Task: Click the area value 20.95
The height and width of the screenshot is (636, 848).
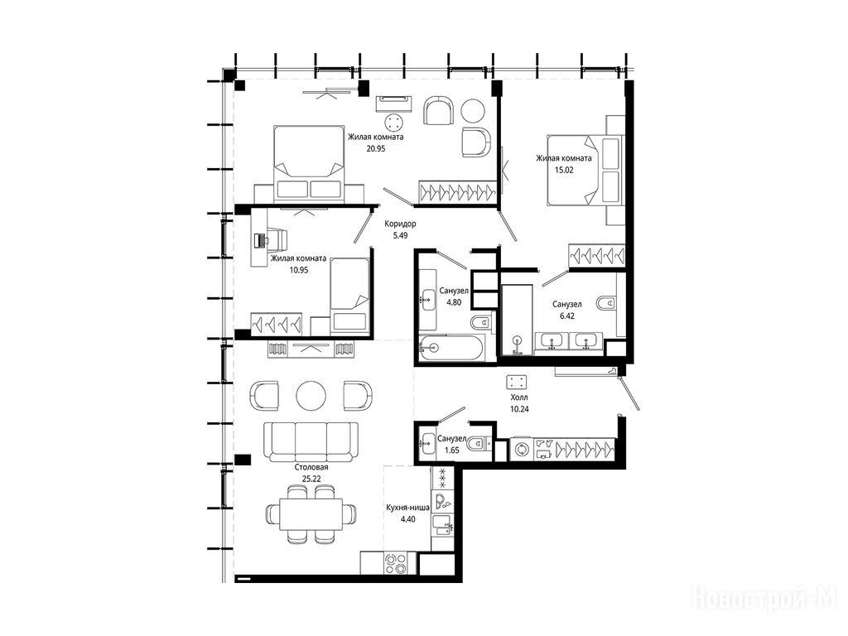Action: tap(376, 148)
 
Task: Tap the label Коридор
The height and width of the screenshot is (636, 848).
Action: tap(400, 224)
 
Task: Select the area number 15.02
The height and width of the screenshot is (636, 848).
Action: tap(564, 170)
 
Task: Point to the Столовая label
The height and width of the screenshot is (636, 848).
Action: tap(311, 467)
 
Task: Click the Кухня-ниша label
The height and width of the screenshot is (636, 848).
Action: tap(407, 508)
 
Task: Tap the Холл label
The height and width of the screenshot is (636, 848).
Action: tap(519, 397)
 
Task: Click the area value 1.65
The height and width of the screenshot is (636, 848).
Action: tap(452, 450)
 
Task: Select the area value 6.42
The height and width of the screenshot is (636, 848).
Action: tap(566, 316)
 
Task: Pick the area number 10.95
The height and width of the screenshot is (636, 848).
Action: tap(299, 270)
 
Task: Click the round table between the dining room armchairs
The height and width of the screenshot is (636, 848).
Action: tap(311, 396)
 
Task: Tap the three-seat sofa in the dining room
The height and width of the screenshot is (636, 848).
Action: tap(311, 441)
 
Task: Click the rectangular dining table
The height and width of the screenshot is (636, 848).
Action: tap(311, 513)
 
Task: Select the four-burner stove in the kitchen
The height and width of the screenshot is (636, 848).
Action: tap(395, 563)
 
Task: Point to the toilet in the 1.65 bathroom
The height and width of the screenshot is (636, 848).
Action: tap(479, 444)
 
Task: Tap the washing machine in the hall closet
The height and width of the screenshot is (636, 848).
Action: tap(522, 450)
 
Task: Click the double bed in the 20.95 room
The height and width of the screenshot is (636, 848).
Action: tap(309, 164)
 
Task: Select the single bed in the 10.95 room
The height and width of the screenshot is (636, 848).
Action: tap(349, 295)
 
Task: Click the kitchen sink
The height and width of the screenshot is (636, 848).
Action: tap(443, 526)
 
